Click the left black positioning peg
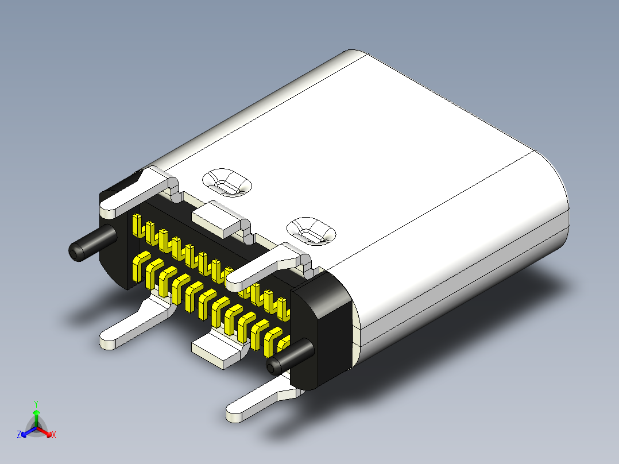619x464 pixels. click(92, 243)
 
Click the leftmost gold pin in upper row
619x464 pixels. click(137, 226)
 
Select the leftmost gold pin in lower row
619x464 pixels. click(138, 269)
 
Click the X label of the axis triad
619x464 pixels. click(54, 435)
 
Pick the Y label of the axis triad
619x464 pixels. click(36, 404)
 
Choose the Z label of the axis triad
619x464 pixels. click(19, 435)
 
